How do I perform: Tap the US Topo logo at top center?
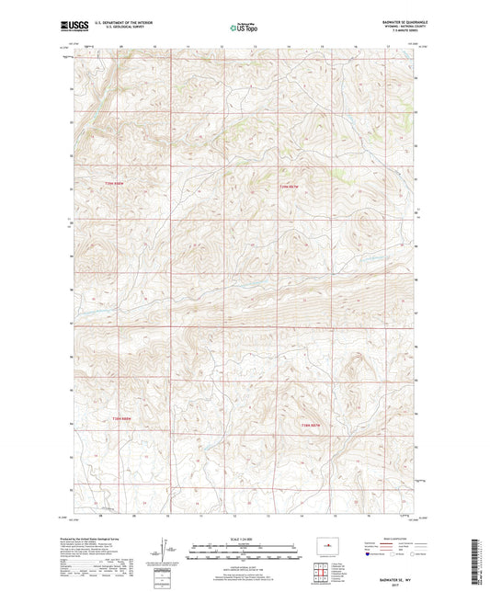click(x=244, y=28)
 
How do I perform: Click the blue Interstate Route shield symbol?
click(x=368, y=555)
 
